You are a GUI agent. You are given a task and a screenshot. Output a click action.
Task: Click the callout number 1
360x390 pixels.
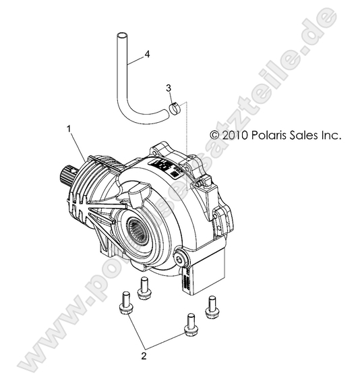(x=67, y=127)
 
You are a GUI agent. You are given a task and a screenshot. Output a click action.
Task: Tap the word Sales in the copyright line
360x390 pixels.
(x=307, y=136)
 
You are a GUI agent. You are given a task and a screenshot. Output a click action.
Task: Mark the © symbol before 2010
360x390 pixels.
(x=215, y=136)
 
